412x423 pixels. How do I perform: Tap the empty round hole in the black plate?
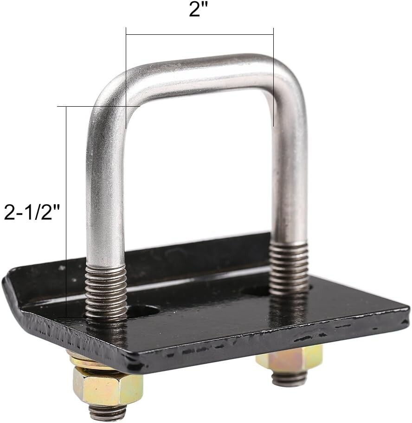pos(144,311)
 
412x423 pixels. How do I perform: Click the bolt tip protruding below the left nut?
pos(108,412)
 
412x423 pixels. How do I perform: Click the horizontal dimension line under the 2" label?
pos(200,34)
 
